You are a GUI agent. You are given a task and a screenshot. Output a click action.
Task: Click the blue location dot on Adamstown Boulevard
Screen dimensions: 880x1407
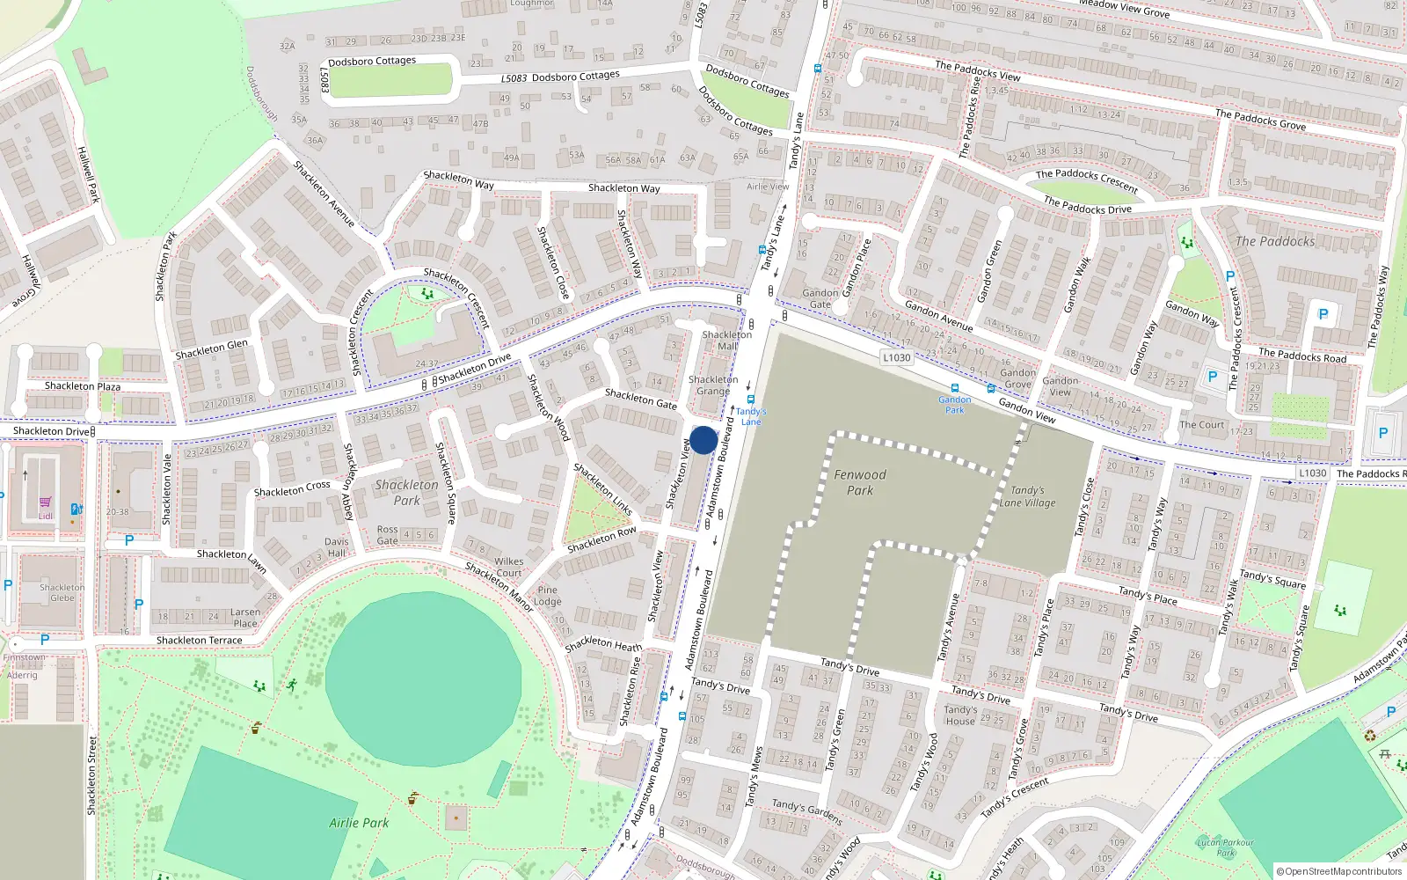(703, 440)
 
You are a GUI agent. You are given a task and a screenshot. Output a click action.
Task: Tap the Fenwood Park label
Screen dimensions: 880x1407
(860, 482)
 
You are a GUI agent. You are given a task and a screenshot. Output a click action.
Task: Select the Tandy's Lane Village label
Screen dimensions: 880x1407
(1027, 496)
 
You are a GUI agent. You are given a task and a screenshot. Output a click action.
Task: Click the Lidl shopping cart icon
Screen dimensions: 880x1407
(45, 503)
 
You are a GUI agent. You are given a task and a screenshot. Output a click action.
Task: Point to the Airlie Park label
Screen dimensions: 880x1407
(359, 823)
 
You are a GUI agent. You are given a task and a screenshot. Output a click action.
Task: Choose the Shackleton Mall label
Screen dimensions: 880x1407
(727, 340)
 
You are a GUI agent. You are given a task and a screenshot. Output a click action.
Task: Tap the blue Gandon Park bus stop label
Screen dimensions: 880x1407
(954, 405)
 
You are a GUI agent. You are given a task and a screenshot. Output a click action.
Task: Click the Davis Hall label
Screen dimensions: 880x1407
(337, 547)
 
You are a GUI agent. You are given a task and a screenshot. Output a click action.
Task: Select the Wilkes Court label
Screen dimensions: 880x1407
(508, 567)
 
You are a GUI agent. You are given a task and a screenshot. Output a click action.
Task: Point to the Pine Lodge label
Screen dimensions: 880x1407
(547, 596)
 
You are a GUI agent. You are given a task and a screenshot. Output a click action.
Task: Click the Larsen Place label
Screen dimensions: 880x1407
(245, 618)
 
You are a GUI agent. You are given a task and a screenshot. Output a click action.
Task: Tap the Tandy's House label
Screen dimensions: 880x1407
(960, 715)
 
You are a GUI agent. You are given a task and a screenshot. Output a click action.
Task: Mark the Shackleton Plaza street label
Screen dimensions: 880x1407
(83, 386)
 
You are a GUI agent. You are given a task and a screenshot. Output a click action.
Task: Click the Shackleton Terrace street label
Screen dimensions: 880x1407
(199, 640)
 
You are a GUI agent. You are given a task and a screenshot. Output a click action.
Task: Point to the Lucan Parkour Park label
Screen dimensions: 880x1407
(1226, 847)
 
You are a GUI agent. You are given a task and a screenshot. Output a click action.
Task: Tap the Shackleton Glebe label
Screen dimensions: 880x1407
(62, 592)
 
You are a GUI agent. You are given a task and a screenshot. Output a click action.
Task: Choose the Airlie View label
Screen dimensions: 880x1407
(768, 187)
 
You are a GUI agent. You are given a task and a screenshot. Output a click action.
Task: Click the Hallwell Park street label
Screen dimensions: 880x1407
(89, 175)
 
